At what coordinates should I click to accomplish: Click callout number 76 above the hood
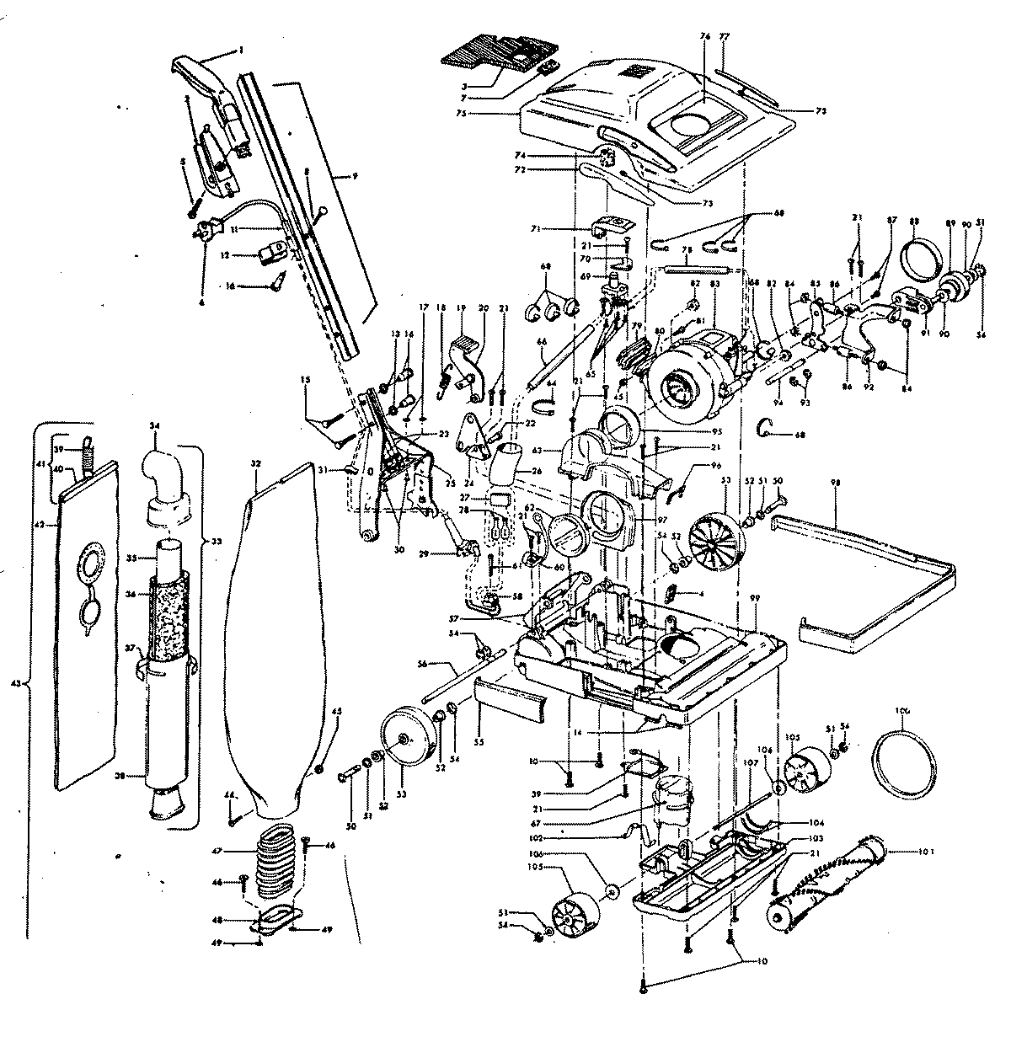pos(705,36)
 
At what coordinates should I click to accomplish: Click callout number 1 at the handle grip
pos(241,51)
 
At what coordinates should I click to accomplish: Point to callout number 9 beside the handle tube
pos(355,176)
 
